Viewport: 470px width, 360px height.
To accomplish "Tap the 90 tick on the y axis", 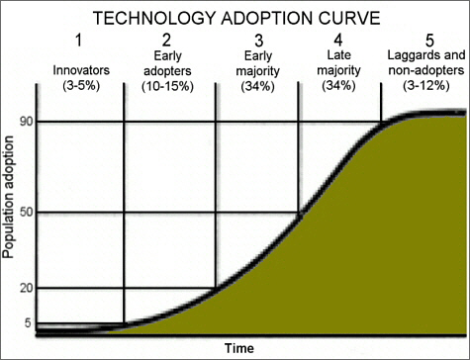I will point(25,123).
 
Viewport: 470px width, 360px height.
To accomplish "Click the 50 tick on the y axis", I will point(25,213).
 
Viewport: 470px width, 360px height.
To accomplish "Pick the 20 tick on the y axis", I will point(25,288).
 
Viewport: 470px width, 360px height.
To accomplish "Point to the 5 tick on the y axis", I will point(28,322).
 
